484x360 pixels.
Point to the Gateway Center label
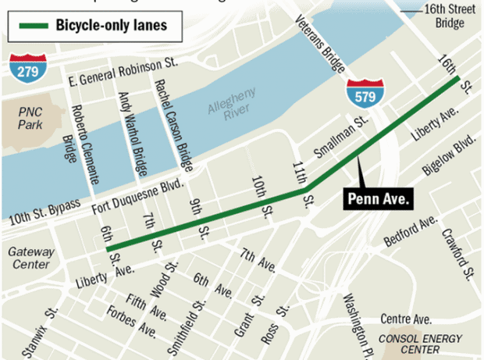click(x=30, y=258)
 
